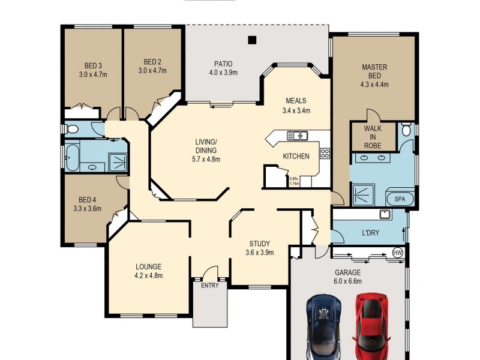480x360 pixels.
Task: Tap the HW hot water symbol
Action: coord(397,252)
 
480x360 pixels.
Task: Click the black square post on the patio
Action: coord(252,40)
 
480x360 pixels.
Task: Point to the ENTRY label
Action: coord(209,286)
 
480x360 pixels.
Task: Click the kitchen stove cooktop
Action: coord(324,153)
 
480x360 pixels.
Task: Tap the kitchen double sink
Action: coord(297,135)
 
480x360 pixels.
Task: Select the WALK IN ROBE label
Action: coord(374,137)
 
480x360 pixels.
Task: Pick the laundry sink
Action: coord(385,215)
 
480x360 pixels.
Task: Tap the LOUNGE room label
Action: coord(148,266)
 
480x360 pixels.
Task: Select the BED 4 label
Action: coord(87,200)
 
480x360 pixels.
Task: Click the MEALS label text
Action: coord(296,101)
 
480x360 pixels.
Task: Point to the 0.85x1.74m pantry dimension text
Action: coord(293,181)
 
